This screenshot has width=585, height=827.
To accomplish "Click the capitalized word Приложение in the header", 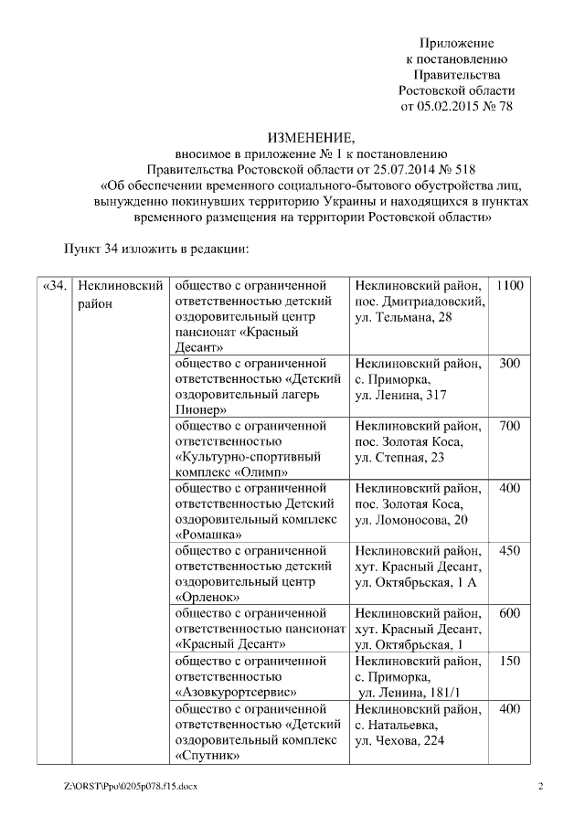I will click(456, 43).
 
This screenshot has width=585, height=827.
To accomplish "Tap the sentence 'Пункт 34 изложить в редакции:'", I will click(156, 248).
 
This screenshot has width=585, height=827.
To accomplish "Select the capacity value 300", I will click(510, 364).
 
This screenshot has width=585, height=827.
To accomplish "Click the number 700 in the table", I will click(510, 426).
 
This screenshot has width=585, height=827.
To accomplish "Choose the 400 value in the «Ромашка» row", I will click(510, 488).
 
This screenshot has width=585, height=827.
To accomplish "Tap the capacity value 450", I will click(510, 550).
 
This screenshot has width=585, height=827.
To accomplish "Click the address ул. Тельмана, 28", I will click(402, 317).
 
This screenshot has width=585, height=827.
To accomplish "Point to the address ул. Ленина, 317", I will click(399, 395).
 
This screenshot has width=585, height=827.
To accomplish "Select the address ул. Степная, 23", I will click(399, 457).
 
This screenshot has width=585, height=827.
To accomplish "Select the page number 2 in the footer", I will click(539, 787).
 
